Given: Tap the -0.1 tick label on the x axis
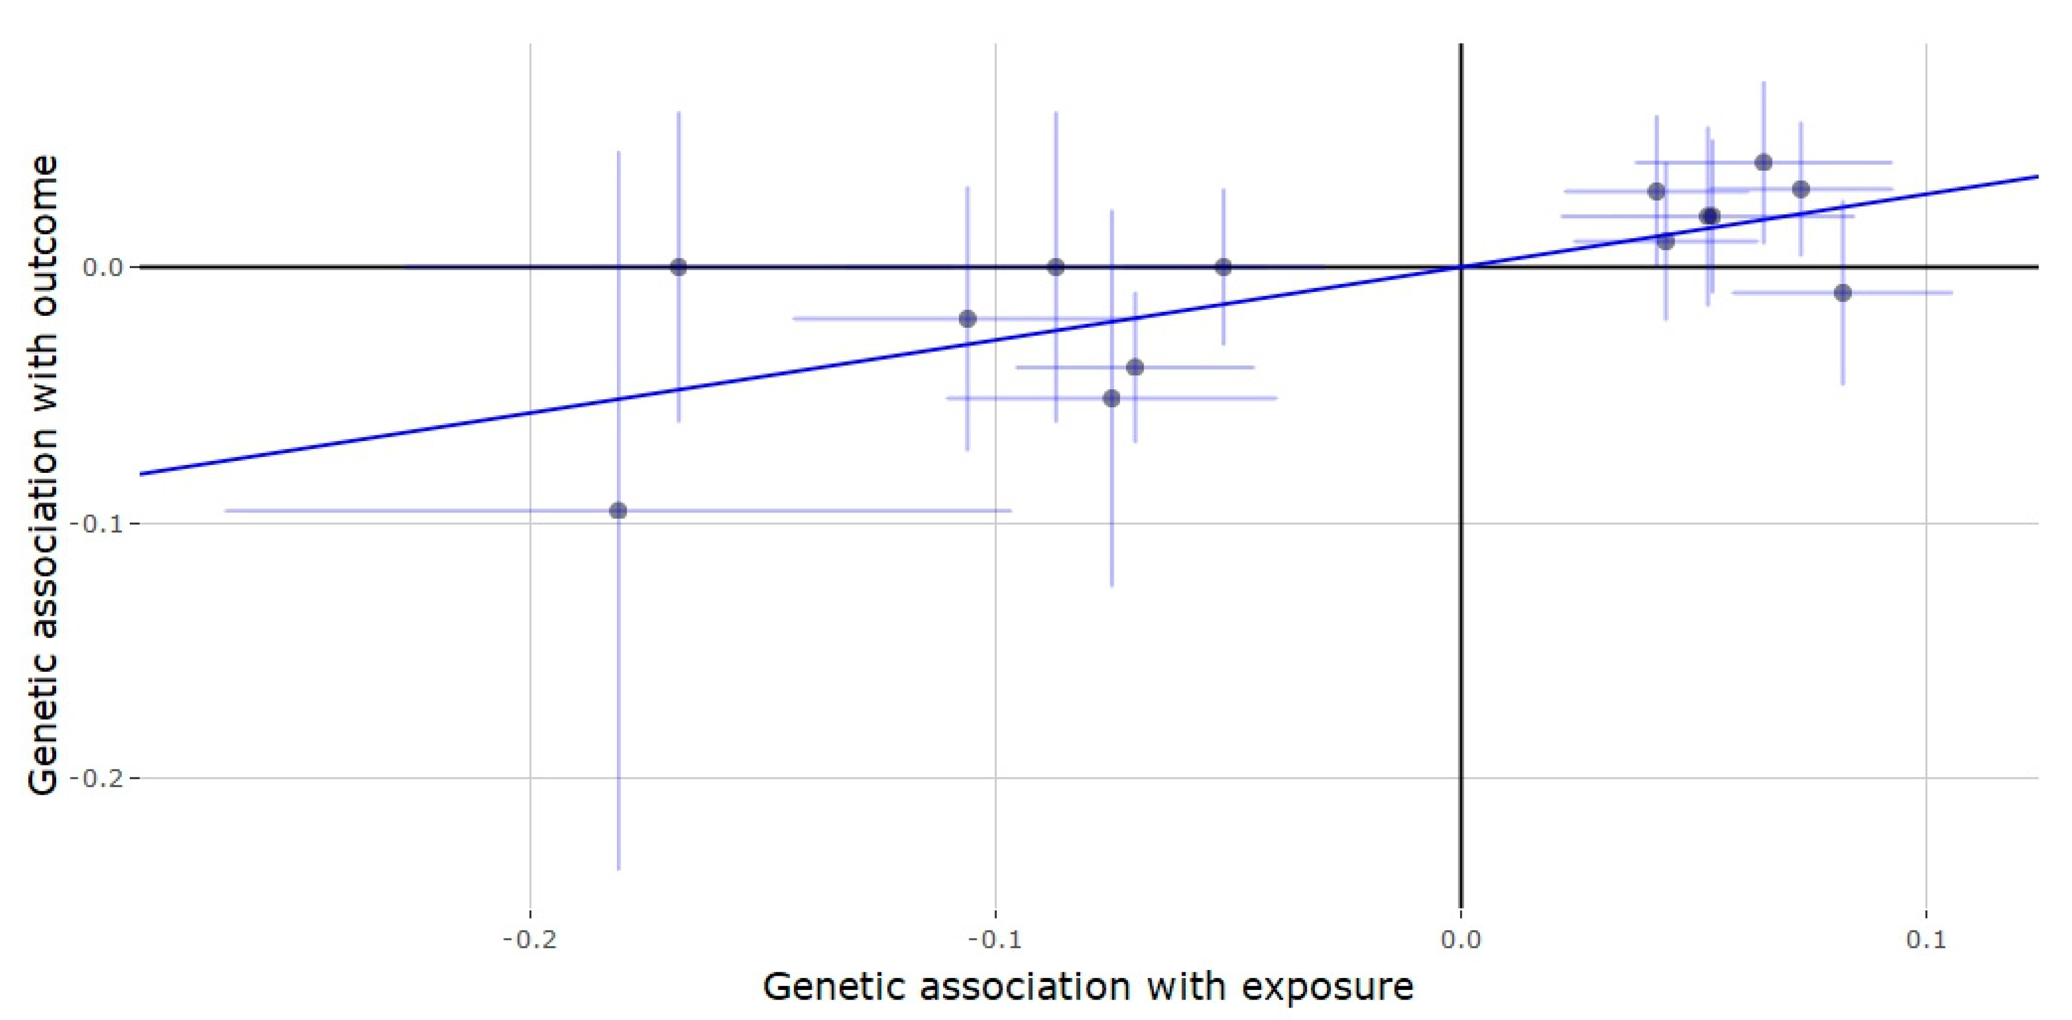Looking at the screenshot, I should tap(995, 939).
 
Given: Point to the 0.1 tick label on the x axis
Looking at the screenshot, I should tap(1926, 939).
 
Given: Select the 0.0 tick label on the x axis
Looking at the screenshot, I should tap(1461, 939).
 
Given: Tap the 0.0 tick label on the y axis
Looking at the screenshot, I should tap(100, 267).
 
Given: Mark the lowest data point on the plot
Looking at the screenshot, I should tap(618, 511).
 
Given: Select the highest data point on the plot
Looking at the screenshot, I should tap(1763, 163).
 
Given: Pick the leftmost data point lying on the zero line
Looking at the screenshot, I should tap(678, 267).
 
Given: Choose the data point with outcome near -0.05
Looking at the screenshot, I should tap(1111, 398).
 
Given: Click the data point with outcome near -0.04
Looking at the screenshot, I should tap(1135, 367).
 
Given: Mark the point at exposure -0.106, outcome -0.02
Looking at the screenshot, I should tap(967, 319).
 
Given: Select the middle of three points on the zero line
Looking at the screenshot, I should tap(1056, 267).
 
